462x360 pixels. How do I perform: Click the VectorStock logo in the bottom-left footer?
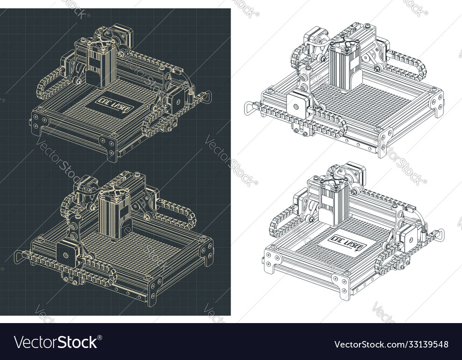pyautogui.click(x=56, y=342)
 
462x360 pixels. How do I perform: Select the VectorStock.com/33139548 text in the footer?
pyautogui.click(x=390, y=344)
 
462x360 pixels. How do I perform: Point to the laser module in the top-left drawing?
pyautogui.click(x=102, y=65)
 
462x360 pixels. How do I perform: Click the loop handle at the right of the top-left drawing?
pyautogui.click(x=207, y=97)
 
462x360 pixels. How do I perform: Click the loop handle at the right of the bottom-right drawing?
pyautogui.click(x=439, y=234)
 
